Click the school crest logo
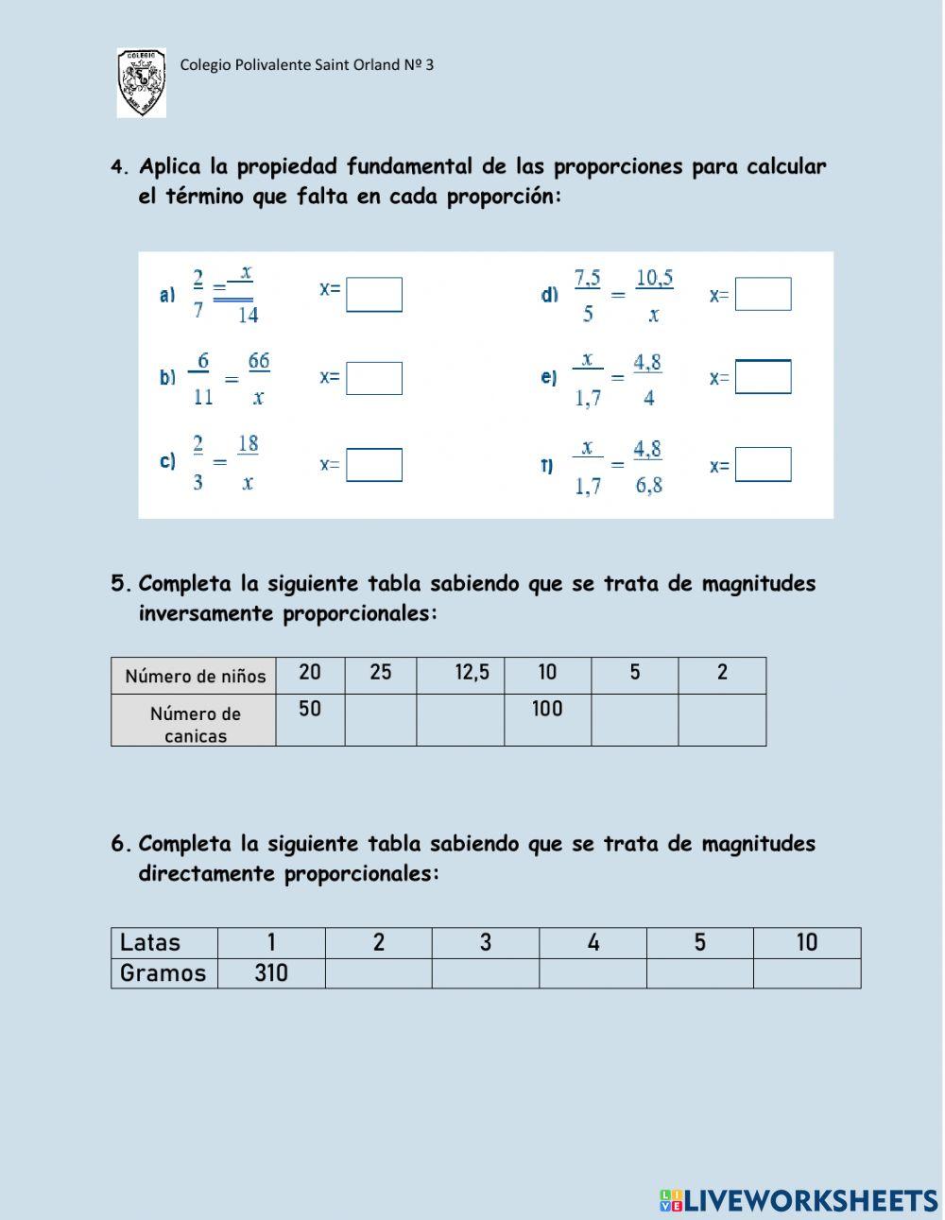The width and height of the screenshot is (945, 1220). tap(141, 83)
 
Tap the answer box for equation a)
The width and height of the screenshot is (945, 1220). tap(374, 295)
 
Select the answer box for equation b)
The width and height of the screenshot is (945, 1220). tap(374, 378)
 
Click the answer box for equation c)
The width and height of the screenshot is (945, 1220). tap(374, 465)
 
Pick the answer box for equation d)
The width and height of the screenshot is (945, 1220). tap(764, 295)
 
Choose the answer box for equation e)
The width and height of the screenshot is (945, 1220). tap(764, 377)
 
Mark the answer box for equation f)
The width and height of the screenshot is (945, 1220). tap(764, 465)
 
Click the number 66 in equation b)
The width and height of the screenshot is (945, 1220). tap(259, 362)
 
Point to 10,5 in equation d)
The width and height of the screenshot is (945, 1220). tap(654, 279)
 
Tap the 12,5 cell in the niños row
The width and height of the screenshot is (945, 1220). tap(472, 673)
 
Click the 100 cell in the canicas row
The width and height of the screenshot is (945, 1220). tap(547, 710)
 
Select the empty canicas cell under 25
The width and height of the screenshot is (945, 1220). tap(381, 720)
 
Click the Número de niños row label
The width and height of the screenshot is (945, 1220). tap(195, 677)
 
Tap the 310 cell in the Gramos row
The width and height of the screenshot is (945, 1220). tap(271, 973)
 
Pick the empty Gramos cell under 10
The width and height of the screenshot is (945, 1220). tap(807, 973)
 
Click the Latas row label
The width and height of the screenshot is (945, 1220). tap(150, 942)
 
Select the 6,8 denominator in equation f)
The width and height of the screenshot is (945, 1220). tap(649, 486)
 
